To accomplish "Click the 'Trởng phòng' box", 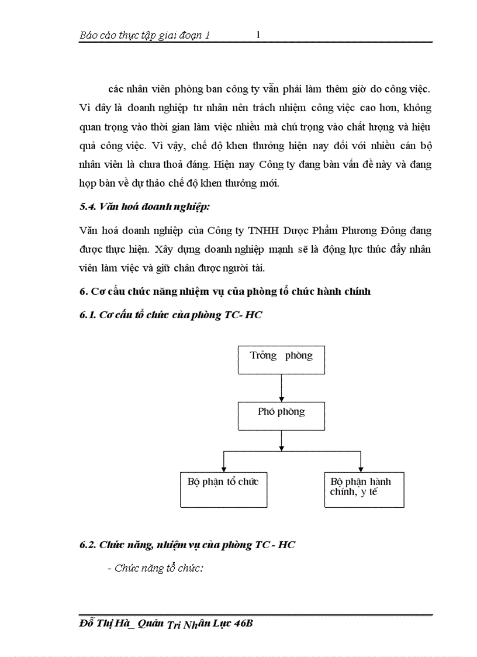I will [x=281, y=360].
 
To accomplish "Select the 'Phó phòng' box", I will [x=281, y=416].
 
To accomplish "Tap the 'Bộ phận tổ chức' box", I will [x=223, y=489].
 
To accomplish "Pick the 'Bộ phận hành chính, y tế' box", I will [x=364, y=489].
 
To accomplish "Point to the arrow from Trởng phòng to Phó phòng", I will [x=281, y=387].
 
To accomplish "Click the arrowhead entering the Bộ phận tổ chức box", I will [x=223, y=469].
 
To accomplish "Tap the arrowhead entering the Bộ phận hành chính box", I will [x=361, y=469].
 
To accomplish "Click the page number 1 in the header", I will [x=258, y=35].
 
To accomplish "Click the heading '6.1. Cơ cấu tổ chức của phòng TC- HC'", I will [x=171, y=315].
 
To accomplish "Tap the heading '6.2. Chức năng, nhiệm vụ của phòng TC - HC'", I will [x=187, y=545].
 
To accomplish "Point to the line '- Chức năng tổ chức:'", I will [x=155, y=568].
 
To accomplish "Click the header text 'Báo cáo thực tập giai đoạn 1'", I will [x=144, y=36].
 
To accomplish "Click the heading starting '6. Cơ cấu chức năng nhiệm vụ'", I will [x=225, y=291].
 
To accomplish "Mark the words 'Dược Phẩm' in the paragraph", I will [x=295, y=231].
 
